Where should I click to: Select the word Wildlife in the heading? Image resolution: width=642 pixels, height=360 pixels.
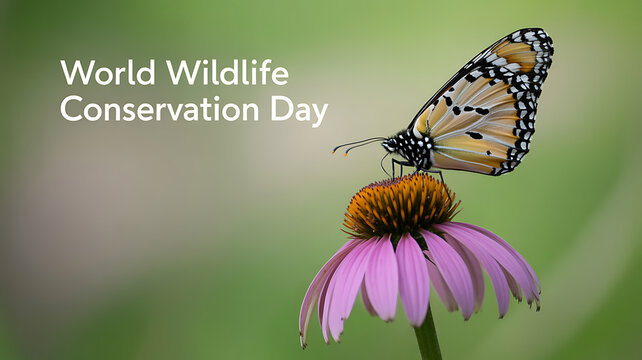tap(227, 73)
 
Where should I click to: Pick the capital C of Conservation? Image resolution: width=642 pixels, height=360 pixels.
tap(70, 109)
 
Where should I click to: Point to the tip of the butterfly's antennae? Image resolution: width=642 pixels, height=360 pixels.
tap(337, 152)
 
